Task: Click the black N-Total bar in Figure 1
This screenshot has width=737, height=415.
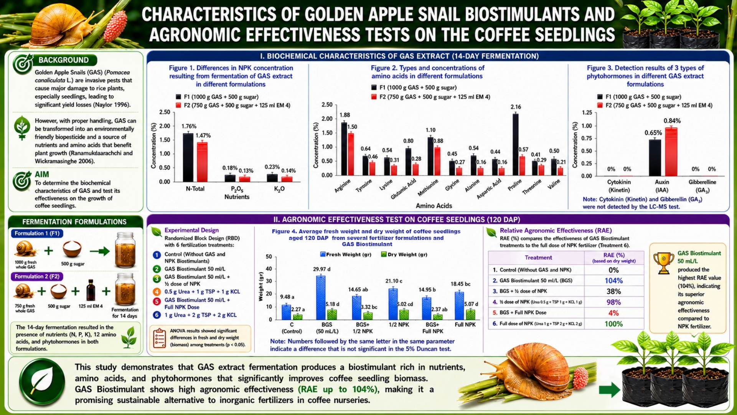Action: [x=188, y=157]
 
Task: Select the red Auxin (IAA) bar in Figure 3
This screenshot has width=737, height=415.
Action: [x=671, y=152]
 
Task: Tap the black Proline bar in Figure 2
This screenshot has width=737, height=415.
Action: [x=515, y=144]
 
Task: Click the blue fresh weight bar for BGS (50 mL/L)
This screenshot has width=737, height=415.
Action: [x=321, y=298]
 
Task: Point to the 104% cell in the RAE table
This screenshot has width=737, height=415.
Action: [x=613, y=281]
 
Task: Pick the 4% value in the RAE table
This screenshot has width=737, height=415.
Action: [x=613, y=313]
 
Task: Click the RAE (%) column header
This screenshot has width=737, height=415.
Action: [x=614, y=257]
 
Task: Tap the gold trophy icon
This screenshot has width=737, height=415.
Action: [x=663, y=263]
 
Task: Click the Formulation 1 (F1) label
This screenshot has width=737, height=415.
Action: [x=37, y=233]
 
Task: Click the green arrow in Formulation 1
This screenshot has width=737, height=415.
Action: [x=100, y=251]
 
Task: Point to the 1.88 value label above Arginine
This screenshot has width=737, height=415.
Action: [x=345, y=115]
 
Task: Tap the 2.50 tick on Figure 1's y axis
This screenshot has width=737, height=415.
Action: [x=165, y=112]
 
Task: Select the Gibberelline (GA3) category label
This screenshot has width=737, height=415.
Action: [x=702, y=186]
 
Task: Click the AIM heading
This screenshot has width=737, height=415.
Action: [x=42, y=174]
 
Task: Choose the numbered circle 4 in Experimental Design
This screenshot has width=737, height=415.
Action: [x=157, y=292]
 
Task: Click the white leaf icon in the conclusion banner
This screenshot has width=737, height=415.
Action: [x=42, y=381]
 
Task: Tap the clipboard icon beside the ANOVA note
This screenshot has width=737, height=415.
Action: [x=159, y=338]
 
